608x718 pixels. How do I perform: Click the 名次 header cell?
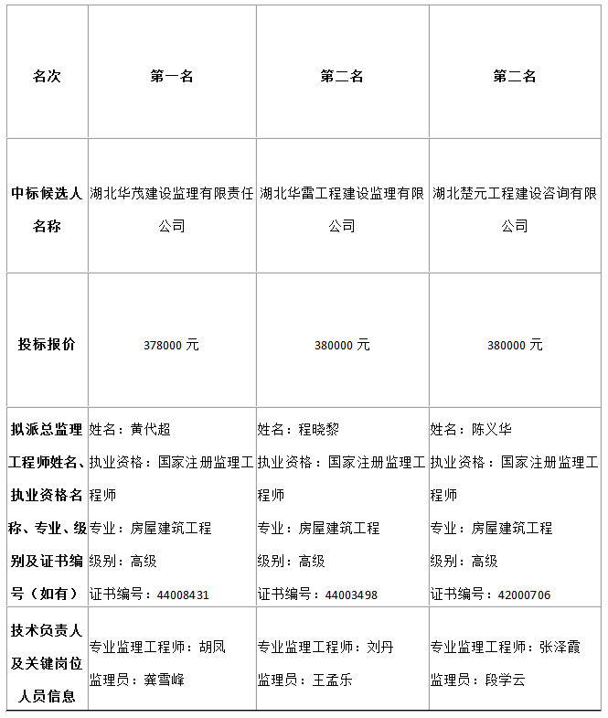(x=47, y=77)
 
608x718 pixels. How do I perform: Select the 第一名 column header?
(x=172, y=77)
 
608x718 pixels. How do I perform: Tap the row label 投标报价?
(x=47, y=345)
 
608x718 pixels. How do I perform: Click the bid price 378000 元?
(x=171, y=346)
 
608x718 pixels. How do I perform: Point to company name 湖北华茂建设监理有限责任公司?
(x=172, y=209)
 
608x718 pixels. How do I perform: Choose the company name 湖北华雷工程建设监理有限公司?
(x=342, y=209)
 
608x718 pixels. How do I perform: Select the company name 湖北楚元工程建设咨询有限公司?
(x=515, y=209)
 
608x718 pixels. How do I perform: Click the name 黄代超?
(x=151, y=429)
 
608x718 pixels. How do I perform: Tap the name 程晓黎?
(x=319, y=429)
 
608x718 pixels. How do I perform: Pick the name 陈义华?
(x=492, y=429)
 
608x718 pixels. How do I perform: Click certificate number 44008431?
(x=183, y=595)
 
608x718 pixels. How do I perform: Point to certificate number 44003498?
(x=351, y=595)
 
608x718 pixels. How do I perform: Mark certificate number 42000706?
(x=524, y=595)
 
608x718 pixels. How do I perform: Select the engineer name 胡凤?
(x=212, y=647)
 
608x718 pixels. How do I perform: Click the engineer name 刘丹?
(x=380, y=647)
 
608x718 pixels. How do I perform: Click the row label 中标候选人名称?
(x=47, y=209)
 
